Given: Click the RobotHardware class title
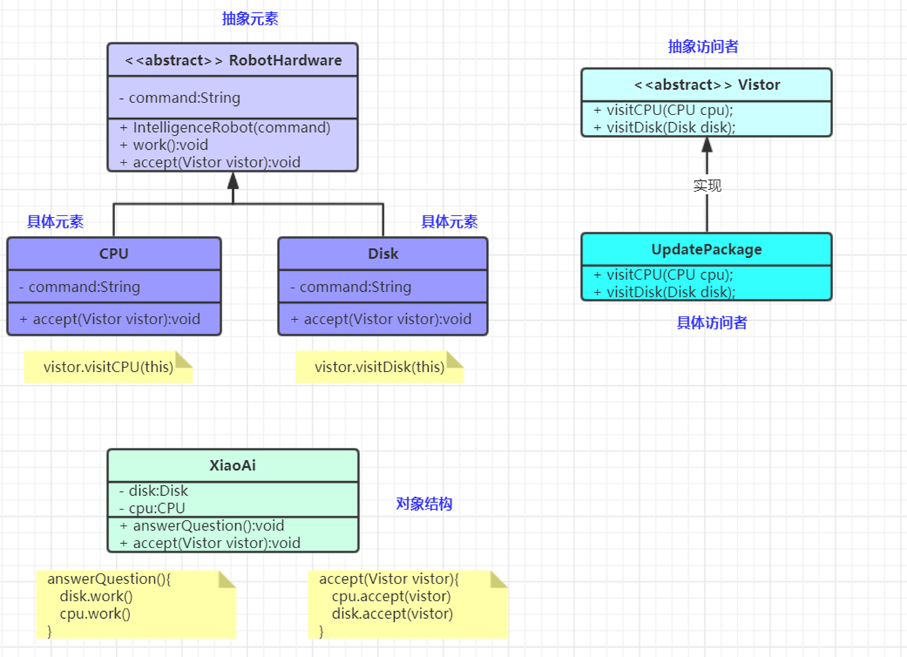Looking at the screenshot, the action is click(x=233, y=60).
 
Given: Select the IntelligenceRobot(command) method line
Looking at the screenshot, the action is click(x=225, y=128).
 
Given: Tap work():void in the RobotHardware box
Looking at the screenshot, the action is click(x=164, y=145).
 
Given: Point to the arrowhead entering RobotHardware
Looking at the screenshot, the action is click(x=233, y=181).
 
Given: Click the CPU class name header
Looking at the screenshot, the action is click(x=114, y=254).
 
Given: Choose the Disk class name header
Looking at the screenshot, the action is click(x=383, y=254).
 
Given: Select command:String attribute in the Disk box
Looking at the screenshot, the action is click(x=350, y=287).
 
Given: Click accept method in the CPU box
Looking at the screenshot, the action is click(x=109, y=319).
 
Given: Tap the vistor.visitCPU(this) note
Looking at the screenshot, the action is click(x=108, y=367).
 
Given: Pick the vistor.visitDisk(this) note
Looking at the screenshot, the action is click(x=379, y=367).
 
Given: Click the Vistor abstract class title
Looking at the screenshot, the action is click(x=707, y=85).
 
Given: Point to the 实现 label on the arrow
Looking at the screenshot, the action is click(x=707, y=186).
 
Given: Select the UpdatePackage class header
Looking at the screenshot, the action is click(x=706, y=249).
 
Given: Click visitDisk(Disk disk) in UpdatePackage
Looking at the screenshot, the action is click(x=665, y=292).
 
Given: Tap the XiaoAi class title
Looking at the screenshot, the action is click(x=233, y=466).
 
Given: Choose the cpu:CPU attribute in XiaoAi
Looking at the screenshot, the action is click(x=153, y=508).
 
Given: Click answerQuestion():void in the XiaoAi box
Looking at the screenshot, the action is click(x=202, y=526).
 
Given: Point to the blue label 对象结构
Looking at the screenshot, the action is click(x=424, y=504).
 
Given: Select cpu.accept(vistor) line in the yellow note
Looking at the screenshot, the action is click(x=391, y=596).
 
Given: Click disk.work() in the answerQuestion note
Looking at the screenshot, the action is click(x=96, y=596).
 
